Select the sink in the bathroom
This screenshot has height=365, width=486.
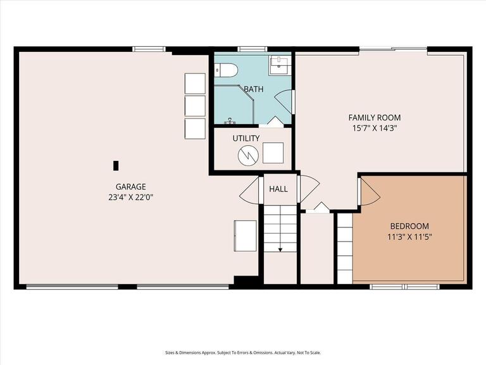[280, 65]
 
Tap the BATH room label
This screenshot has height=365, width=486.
[254, 89]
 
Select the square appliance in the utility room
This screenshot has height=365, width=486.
[273, 153]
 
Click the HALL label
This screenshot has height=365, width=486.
[278, 189]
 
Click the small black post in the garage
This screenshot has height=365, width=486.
[115, 165]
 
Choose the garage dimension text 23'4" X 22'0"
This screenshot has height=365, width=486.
[131, 197]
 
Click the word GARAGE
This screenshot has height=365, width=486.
[131, 186]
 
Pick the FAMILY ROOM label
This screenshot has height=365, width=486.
[375, 117]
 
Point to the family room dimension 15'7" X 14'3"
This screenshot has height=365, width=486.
[375, 128]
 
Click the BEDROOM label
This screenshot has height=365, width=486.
[409, 226]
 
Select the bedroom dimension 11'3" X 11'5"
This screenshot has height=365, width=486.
[409, 237]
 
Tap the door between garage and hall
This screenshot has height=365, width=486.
[250, 189]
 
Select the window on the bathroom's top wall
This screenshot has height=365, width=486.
[252, 49]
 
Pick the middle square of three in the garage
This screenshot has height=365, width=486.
[195, 106]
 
